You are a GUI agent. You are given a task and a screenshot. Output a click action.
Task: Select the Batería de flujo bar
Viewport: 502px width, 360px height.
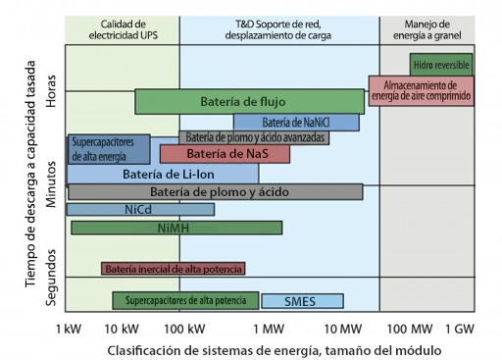tap(244, 101)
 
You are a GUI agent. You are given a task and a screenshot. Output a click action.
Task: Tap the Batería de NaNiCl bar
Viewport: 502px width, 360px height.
tap(295, 123)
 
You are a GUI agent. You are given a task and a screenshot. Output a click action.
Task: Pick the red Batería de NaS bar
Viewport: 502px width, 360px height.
tap(225, 154)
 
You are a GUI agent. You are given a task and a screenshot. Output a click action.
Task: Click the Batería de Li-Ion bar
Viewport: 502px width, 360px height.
tap(163, 174)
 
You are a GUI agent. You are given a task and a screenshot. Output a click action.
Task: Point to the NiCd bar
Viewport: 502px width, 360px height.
tap(140, 209)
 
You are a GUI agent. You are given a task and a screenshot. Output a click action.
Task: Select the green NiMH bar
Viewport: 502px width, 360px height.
tap(176, 228)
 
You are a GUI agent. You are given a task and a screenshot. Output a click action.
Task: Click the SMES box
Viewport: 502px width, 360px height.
tap(298, 301)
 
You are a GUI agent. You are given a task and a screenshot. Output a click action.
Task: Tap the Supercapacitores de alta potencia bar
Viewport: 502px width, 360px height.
tap(185, 300)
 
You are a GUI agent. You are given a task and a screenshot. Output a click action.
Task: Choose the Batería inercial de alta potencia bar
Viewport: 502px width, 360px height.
tap(173, 269)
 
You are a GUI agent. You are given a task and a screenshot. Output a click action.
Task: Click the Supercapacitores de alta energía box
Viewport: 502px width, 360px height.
tap(108, 149)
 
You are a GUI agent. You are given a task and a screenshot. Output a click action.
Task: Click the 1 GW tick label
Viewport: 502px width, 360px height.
tap(460, 327)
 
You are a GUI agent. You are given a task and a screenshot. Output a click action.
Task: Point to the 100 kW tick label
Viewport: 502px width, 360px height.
tap(183, 327)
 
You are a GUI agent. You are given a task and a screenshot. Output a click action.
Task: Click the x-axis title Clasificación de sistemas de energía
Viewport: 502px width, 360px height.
tap(274, 349)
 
